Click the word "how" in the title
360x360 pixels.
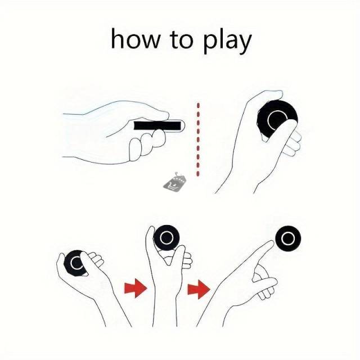[x=135, y=39]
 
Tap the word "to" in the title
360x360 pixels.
[x=181, y=39]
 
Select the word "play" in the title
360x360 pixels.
[x=227, y=41]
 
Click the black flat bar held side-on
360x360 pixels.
[x=157, y=125]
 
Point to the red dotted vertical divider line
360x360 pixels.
[x=198, y=140]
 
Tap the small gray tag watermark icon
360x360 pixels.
[x=174, y=181]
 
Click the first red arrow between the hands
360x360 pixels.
[x=136, y=288]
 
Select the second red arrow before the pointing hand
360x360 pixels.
[x=199, y=289]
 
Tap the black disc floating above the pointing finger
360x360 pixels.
[x=288, y=239]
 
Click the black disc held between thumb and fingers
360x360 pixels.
[x=166, y=237]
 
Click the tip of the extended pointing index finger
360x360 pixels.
[x=272, y=242]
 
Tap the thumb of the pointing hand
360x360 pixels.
[x=265, y=282]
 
